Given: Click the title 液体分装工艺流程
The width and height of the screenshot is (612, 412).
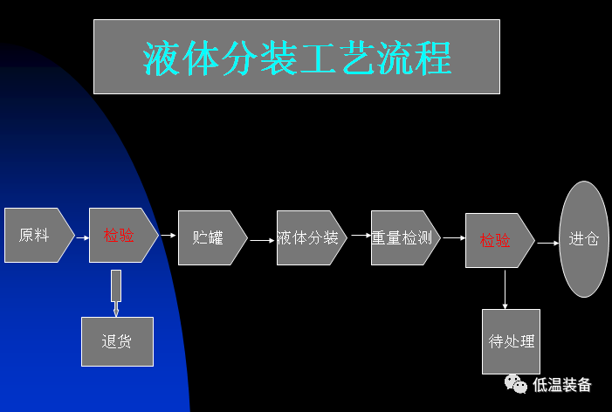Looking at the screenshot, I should (x=297, y=58).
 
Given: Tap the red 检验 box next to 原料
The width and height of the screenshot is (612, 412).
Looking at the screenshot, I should (x=120, y=236).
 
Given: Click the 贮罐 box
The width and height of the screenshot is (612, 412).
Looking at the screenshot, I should (x=210, y=237).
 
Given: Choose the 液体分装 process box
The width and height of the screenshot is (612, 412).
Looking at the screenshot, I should (x=308, y=237).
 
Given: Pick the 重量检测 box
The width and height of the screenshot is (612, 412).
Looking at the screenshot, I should (x=402, y=237).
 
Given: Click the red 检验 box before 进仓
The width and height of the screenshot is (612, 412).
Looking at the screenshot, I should (x=496, y=240).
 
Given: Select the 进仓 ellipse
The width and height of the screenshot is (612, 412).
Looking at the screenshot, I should (x=584, y=238).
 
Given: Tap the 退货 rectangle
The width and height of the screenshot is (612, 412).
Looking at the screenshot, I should (x=117, y=341).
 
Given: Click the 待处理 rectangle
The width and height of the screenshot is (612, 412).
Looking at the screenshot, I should (x=511, y=341).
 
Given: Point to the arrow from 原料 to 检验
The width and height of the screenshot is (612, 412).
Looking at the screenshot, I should (x=82, y=237).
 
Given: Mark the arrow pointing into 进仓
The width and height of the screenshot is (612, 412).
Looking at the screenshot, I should (x=547, y=243).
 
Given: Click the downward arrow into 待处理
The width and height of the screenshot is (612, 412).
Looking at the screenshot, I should (x=505, y=289).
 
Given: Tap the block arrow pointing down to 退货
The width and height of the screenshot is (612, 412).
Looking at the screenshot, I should (x=116, y=292).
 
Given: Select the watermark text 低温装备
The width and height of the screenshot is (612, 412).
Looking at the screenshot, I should (x=562, y=385).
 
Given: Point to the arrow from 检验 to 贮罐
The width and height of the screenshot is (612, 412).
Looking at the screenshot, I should (x=168, y=235).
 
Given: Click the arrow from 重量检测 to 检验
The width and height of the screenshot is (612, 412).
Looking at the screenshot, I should (x=453, y=237).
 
